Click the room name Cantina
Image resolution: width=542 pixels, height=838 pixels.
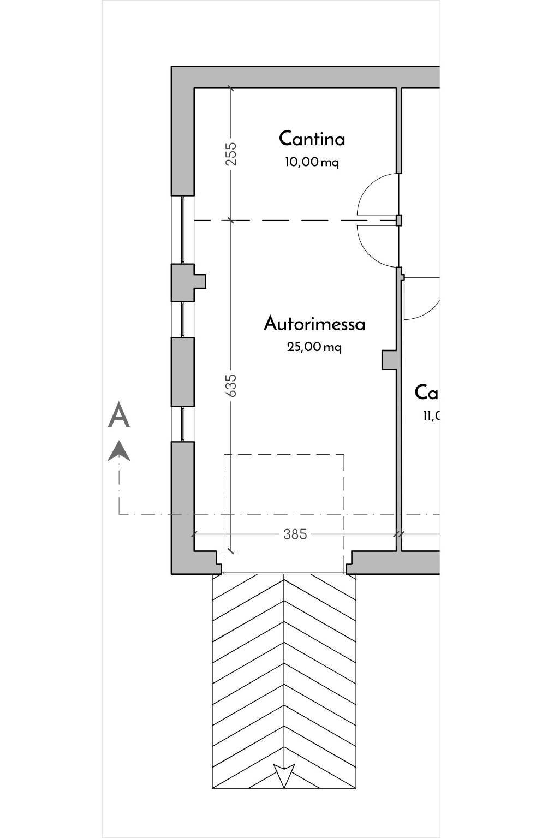click(x=312, y=139)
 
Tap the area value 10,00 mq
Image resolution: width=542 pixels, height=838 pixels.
click(x=312, y=162)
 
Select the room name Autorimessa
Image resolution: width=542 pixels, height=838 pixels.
click(x=314, y=324)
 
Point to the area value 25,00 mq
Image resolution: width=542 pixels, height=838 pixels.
click(x=314, y=347)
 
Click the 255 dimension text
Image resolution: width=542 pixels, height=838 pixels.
click(x=231, y=154)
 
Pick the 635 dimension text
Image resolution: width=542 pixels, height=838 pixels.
click(x=231, y=385)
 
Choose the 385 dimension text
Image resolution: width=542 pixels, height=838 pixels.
click(x=295, y=534)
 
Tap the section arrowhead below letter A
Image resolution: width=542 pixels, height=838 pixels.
click(x=118, y=451)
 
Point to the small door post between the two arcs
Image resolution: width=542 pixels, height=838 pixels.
click(x=399, y=220)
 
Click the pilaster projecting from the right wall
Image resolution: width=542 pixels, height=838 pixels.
click(x=389, y=360)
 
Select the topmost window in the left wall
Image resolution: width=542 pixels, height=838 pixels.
click(x=183, y=229)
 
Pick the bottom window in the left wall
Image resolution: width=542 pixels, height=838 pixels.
click(x=183, y=424)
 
